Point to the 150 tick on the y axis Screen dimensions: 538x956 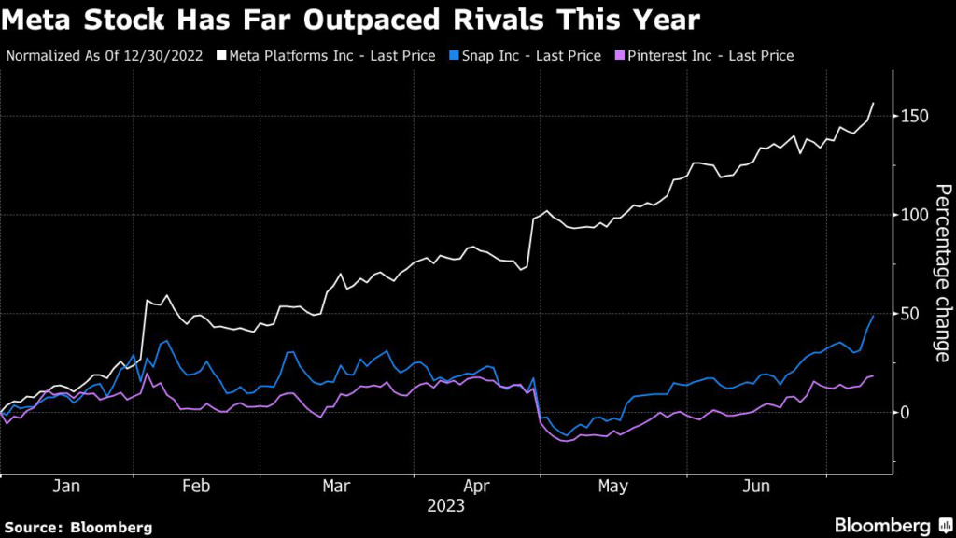pyautogui.click(x=914, y=117)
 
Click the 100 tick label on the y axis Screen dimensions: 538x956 pyautogui.click(x=914, y=215)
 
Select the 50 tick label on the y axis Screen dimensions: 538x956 pyautogui.click(x=910, y=314)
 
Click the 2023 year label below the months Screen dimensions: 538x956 pyautogui.click(x=446, y=507)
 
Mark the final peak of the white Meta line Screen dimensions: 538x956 pyautogui.click(x=874, y=103)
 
